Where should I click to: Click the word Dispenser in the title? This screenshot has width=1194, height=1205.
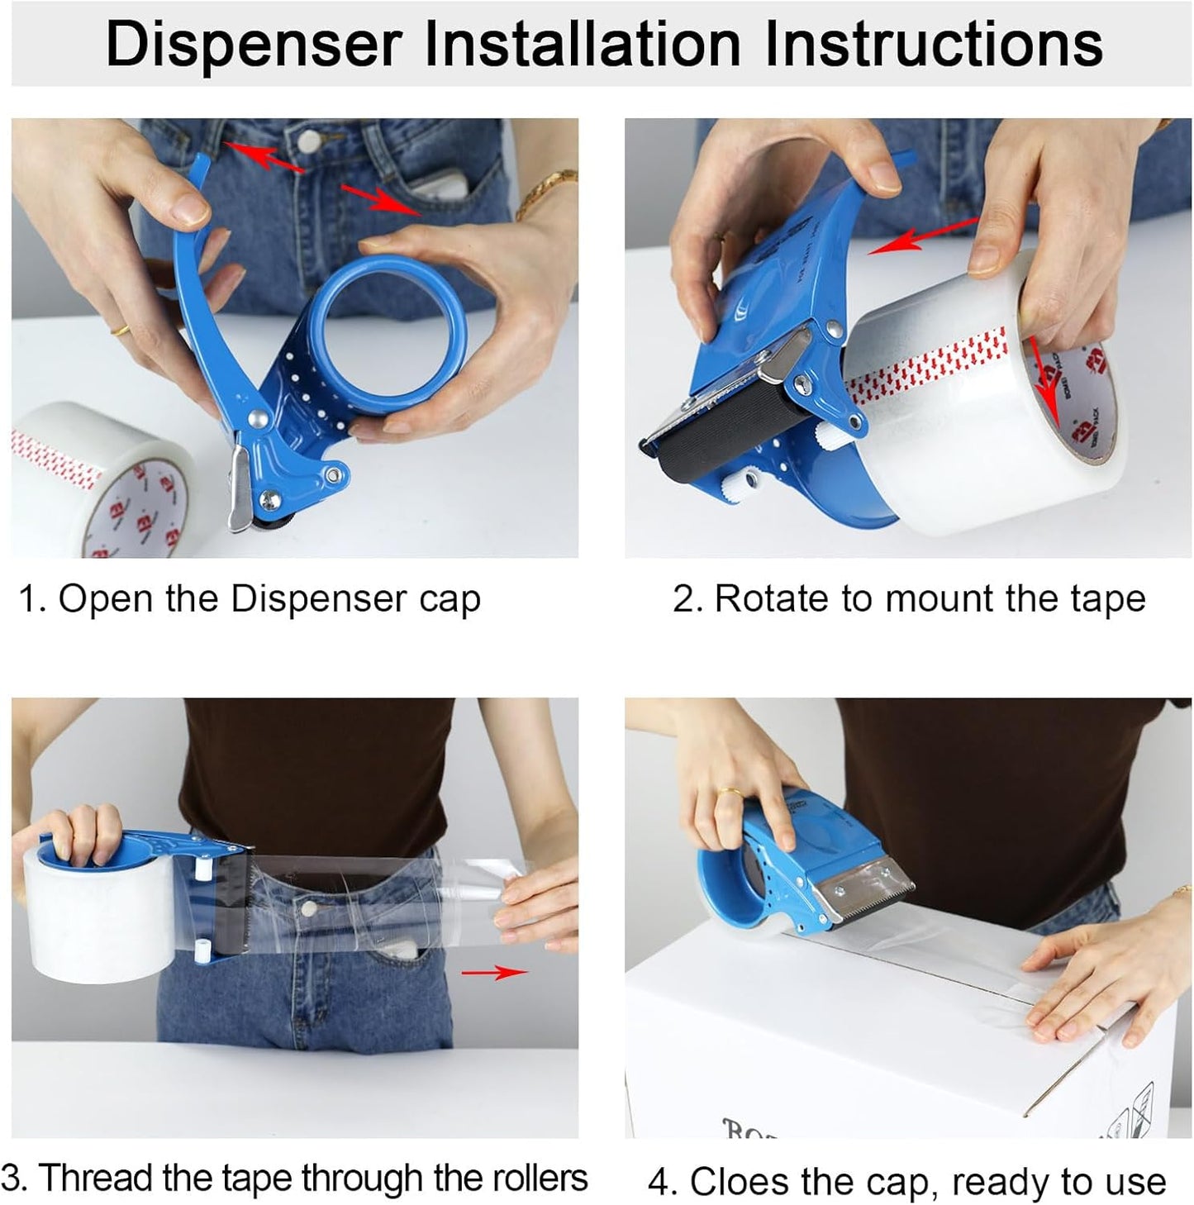pyautogui.click(x=254, y=44)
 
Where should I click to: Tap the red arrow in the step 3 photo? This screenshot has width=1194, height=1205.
pyautogui.click(x=495, y=973)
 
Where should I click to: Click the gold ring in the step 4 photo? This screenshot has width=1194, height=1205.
pyautogui.click(x=729, y=792)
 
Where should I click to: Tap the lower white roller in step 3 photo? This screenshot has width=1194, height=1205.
pyautogui.click(x=202, y=949)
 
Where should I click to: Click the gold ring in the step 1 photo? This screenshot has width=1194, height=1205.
pyautogui.click(x=120, y=329)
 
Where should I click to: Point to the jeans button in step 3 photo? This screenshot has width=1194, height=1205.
pyautogui.click(x=307, y=907)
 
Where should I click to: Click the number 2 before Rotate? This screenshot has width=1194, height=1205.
pyautogui.click(x=683, y=598)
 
